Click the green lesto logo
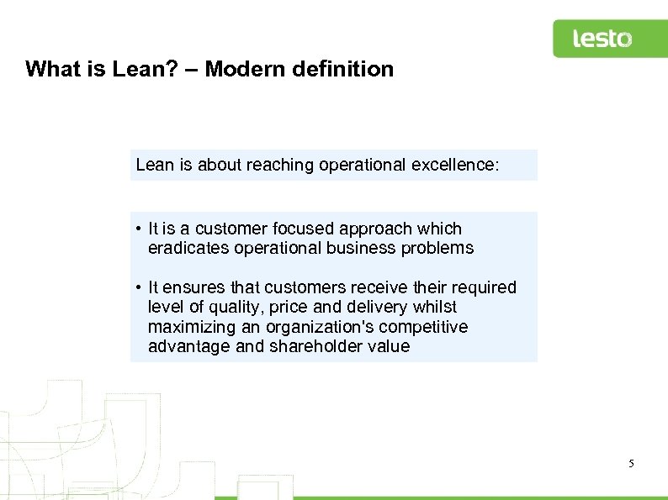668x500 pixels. pyautogui.click(x=602, y=39)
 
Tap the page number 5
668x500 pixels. pyautogui.click(x=631, y=463)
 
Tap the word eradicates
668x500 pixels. pyautogui.click(x=185, y=248)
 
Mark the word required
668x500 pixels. pyautogui.click(x=485, y=287)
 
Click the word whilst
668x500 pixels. pyautogui.click(x=433, y=307)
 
